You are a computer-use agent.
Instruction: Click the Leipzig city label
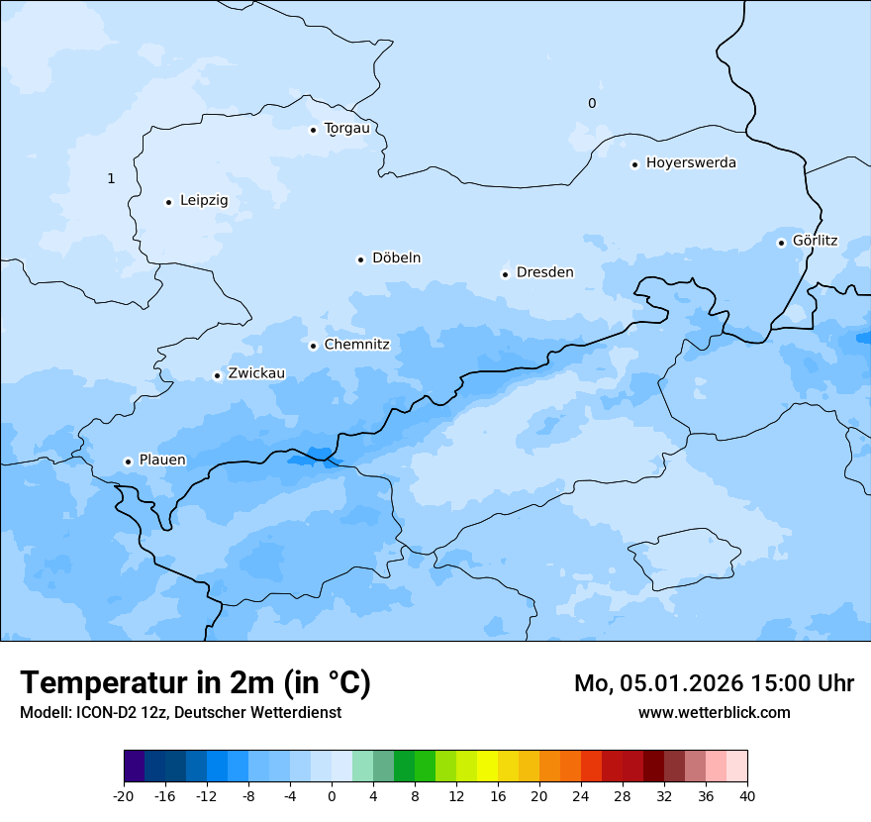[204, 201]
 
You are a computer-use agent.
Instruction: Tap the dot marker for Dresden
[505, 274]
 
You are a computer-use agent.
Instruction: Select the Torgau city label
[346, 129]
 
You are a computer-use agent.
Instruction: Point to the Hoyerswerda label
[691, 163]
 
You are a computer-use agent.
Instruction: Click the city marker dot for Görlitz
[781, 243]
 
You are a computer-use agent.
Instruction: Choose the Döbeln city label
[396, 258]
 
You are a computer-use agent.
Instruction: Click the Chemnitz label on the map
[356, 346]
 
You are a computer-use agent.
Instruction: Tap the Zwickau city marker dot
[217, 375]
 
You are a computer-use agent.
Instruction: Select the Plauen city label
[162, 461]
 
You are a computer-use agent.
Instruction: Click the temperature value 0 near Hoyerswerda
[592, 104]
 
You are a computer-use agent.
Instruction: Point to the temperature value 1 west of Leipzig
[111, 179]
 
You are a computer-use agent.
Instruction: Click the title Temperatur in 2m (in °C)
[195, 683]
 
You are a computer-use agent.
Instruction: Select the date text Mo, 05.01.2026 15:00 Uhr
[714, 684]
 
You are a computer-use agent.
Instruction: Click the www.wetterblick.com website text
[714, 713]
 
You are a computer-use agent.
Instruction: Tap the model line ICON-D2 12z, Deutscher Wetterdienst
[180, 713]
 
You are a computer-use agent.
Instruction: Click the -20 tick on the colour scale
[124, 796]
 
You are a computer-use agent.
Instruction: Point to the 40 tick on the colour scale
[747, 796]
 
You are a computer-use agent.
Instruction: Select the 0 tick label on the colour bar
[332, 796]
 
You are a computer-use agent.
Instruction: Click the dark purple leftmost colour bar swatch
[135, 767]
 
